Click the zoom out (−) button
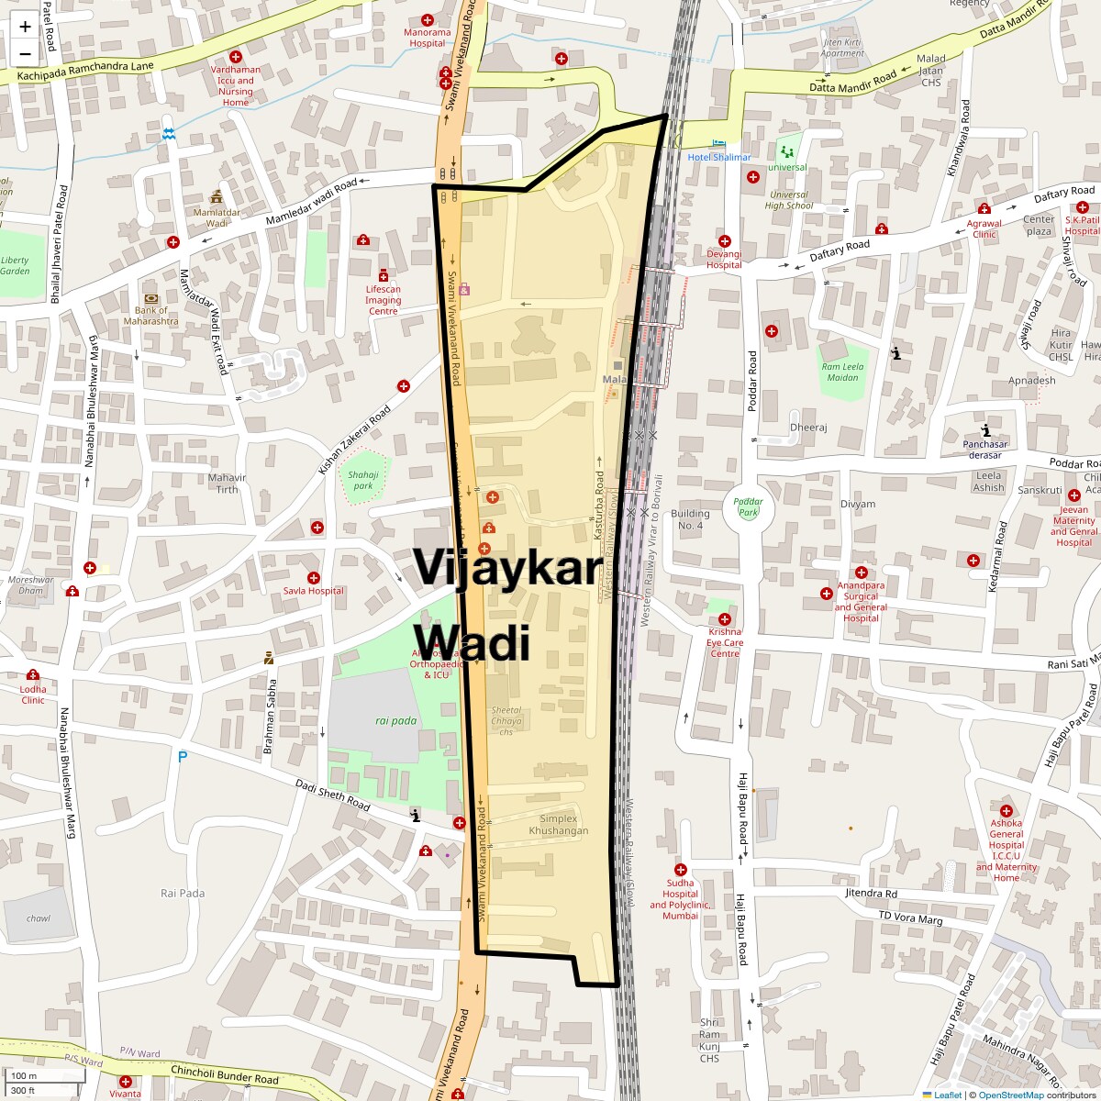tap(25, 53)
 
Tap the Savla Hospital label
tap(313, 591)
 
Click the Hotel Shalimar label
tap(719, 157)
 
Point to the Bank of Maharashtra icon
tap(151, 298)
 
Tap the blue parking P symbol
tap(182, 757)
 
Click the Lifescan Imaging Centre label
tap(383, 300)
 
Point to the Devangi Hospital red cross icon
tap(724, 240)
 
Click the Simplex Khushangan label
tap(558, 824)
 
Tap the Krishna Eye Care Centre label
tap(724, 642)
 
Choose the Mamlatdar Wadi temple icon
tap(217, 196)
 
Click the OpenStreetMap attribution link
tap(1010, 1095)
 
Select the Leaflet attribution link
tap(947, 1095)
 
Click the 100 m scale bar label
tap(24, 1075)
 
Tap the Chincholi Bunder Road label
tap(225, 1074)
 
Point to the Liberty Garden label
tap(15, 265)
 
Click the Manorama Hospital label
tap(428, 38)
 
